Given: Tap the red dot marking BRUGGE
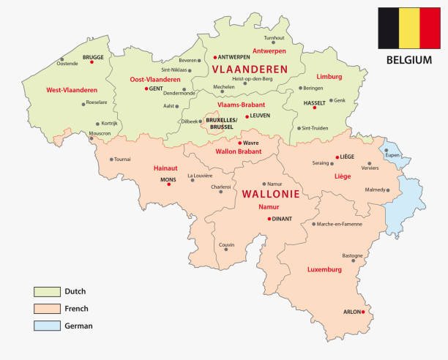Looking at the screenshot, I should point(92,63).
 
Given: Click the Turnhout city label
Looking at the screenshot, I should point(274,37).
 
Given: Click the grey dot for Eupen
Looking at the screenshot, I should point(387,150).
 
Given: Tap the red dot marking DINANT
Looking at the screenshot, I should point(269,218).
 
